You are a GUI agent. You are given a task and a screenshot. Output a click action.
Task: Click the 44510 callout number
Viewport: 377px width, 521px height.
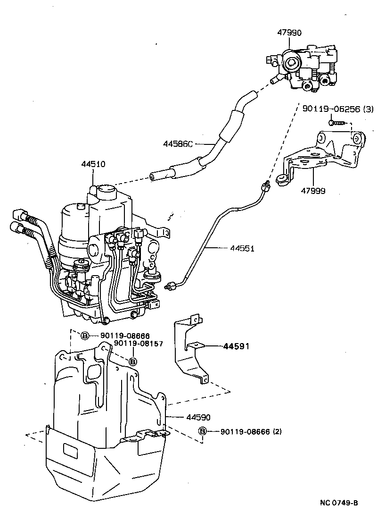(x=93, y=164)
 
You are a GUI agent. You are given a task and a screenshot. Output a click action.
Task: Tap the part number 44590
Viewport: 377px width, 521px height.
(x=198, y=417)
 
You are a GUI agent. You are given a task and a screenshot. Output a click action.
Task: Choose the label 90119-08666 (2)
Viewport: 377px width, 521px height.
(x=251, y=431)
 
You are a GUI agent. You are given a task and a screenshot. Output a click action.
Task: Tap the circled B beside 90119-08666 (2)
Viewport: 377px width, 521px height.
(x=202, y=431)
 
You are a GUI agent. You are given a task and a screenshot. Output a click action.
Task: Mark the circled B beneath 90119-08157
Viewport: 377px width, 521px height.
(x=133, y=361)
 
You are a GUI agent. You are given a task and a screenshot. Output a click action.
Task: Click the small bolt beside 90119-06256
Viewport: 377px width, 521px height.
(x=333, y=123)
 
